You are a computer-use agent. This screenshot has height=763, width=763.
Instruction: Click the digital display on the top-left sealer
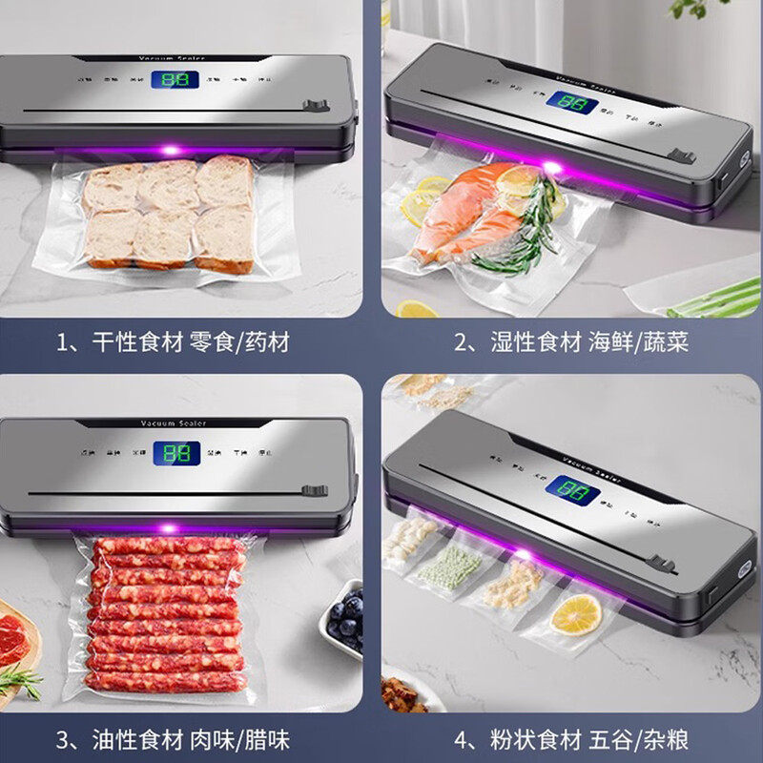pyautogui.click(x=177, y=80)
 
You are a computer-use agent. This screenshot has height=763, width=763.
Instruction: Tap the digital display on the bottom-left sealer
pyautogui.click(x=176, y=452)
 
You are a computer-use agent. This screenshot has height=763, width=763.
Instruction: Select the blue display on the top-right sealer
pyautogui.click(x=572, y=102)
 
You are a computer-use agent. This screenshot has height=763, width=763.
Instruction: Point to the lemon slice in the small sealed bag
pyautogui.click(x=576, y=613)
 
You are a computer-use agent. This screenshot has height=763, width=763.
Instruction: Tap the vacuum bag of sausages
pyautogui.click(x=167, y=615)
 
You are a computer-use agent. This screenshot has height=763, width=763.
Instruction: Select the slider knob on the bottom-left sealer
pyautogui.click(x=308, y=491)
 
